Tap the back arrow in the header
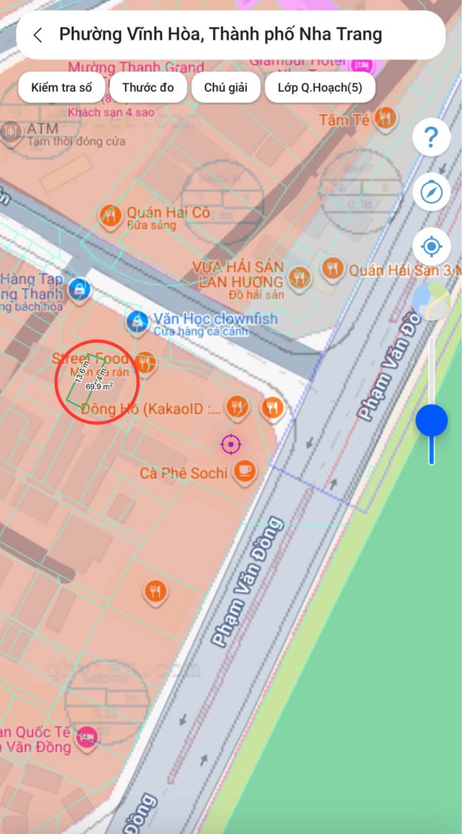[x=38, y=35]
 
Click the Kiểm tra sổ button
[x=61, y=87]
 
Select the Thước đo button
[x=148, y=87]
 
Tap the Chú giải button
[x=225, y=87]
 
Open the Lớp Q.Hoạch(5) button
[x=320, y=87]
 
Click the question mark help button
[x=431, y=137]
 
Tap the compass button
[x=431, y=192]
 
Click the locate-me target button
[x=431, y=246]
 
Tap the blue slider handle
[x=431, y=421]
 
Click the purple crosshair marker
[x=230, y=443]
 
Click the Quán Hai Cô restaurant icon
[x=110, y=216]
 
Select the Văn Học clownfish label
[x=215, y=318]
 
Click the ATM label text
[x=42, y=130]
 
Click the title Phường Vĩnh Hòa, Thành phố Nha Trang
[x=220, y=35]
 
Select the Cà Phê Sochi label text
[x=184, y=473]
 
